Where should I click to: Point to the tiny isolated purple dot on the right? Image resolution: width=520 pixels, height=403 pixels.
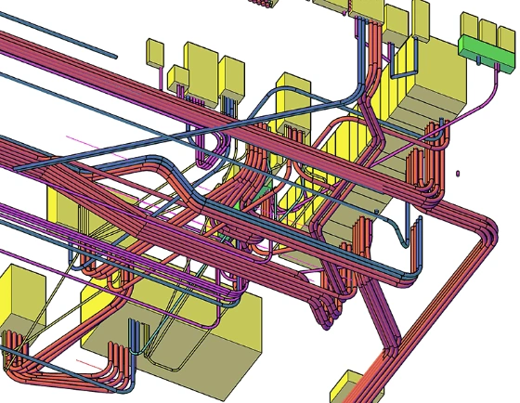(x=458, y=173)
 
